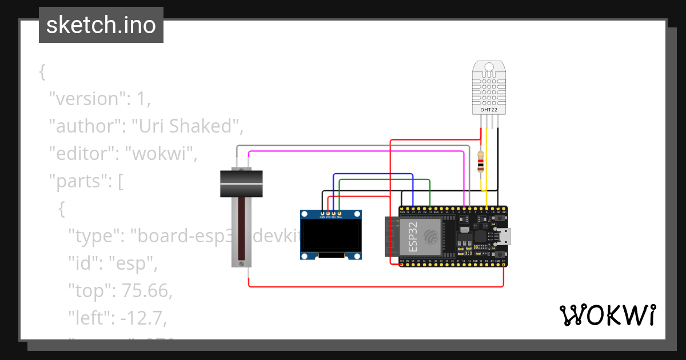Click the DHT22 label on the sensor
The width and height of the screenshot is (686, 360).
click(x=488, y=110)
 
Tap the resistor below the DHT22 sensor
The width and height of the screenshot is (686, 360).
click(x=481, y=162)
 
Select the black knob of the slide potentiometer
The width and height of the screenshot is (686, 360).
click(x=241, y=183)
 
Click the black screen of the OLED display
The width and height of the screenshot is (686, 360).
click(x=332, y=237)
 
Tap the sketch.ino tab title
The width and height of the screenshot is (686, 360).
click(x=101, y=25)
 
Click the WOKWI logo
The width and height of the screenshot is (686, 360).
click(x=607, y=315)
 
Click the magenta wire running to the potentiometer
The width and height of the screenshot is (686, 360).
click(x=354, y=151)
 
